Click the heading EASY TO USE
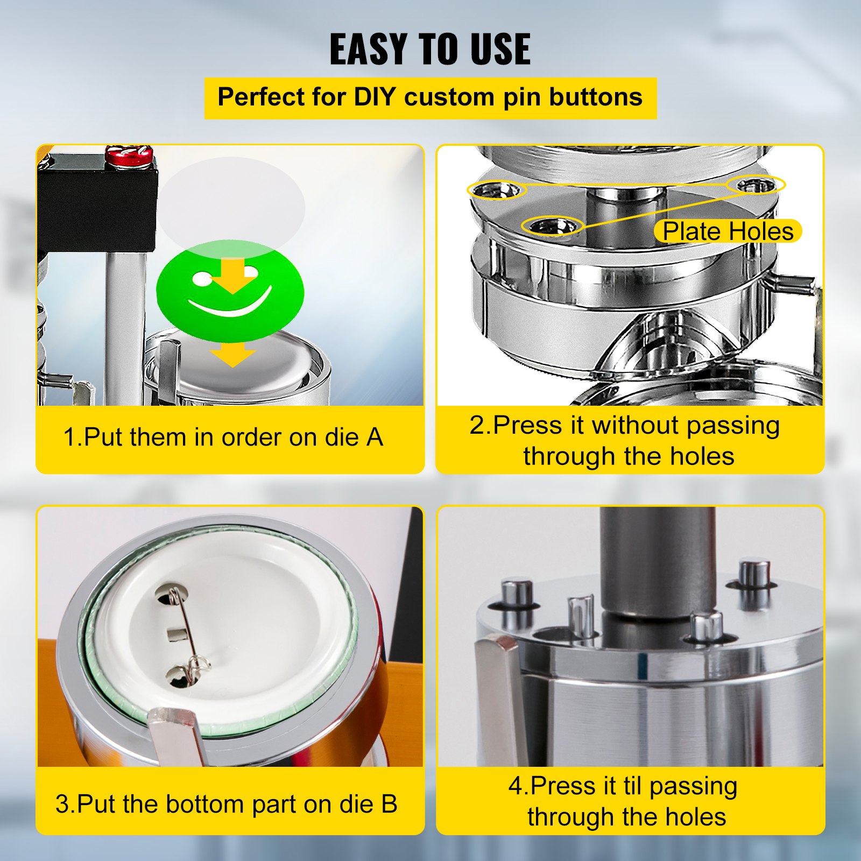(430, 49)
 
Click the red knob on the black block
(127, 156)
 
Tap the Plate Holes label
(728, 231)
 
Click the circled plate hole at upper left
(496, 189)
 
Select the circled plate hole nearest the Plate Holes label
(756, 186)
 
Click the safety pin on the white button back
(183, 635)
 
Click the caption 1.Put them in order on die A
(223, 437)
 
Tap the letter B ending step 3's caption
(389, 804)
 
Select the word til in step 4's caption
(627, 786)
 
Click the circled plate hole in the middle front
(553, 226)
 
